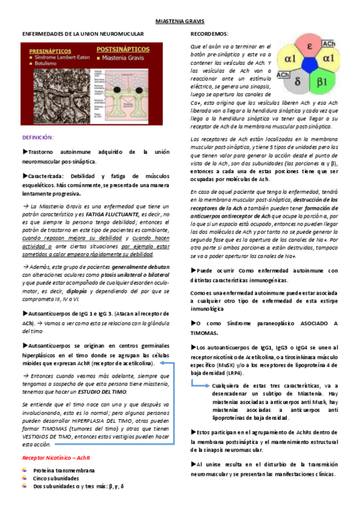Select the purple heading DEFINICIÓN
(x=38, y=137)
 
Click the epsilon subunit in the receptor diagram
(x=308, y=47)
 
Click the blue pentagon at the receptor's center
(x=310, y=66)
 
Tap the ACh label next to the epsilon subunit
(x=329, y=44)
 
